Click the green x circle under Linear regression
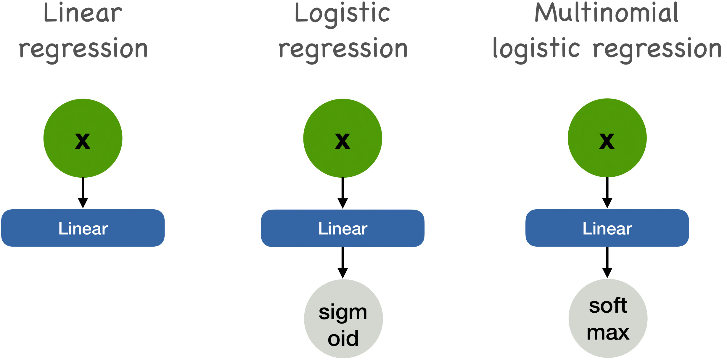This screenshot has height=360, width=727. tap(83, 138)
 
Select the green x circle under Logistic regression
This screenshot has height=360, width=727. tap(342, 138)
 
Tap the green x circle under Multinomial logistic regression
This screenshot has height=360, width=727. tap(607, 138)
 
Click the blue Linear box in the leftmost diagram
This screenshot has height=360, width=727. tap(83, 228)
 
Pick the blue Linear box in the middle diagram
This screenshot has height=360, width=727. tap(342, 229)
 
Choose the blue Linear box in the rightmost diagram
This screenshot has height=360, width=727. tap(607, 228)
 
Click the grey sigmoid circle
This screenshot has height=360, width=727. tap(343, 319)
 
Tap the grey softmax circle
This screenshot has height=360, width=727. tap(608, 319)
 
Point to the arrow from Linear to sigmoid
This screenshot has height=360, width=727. tap(342, 262)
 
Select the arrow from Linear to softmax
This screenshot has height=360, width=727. tap(607, 262)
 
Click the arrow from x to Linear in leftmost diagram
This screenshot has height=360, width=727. tap(83, 192)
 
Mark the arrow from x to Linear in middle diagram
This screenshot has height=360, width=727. tap(342, 193)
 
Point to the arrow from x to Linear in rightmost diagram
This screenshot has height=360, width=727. tap(607, 192)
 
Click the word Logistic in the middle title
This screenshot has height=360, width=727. tap(342, 14)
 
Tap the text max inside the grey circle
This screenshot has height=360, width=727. tap(608, 333)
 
